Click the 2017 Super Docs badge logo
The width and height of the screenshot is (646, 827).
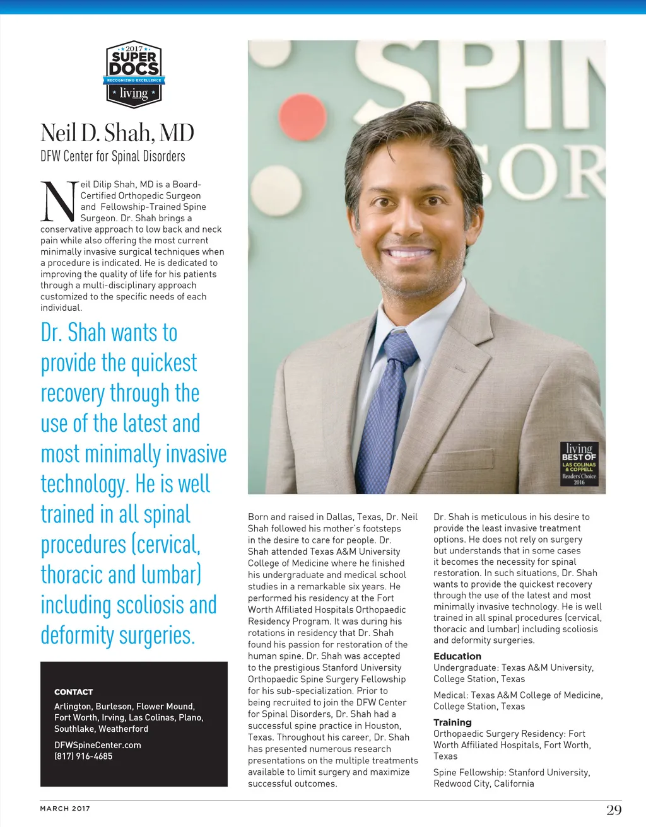[134, 74]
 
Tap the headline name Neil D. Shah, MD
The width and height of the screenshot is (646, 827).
[117, 133]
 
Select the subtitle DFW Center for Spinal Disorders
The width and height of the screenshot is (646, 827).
[113, 156]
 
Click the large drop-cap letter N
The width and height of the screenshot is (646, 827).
[59, 202]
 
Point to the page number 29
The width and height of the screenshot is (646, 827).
[614, 810]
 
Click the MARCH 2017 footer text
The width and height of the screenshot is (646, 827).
[65, 808]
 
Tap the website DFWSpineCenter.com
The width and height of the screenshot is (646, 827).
[98, 745]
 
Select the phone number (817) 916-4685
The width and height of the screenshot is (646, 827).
[83, 756]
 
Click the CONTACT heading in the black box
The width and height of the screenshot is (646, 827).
[73, 691]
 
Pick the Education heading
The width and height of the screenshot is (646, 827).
[457, 656]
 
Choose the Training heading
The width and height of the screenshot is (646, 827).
[452, 722]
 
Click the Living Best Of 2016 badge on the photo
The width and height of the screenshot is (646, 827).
[579, 463]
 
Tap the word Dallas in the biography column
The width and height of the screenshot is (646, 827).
[341, 517]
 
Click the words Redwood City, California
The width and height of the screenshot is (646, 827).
[484, 784]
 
